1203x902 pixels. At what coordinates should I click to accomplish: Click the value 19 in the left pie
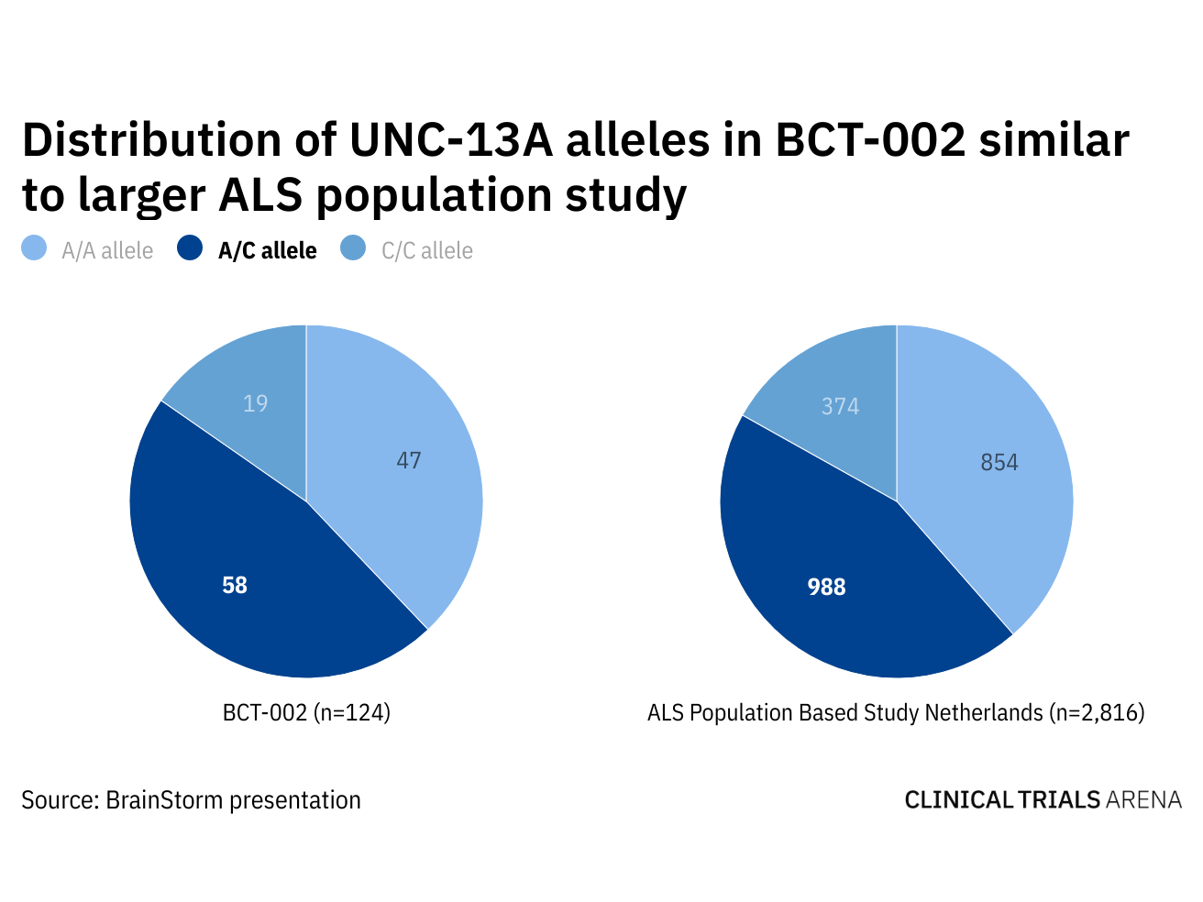pos(256,403)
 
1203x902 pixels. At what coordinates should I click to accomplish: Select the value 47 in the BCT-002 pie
pos(409,460)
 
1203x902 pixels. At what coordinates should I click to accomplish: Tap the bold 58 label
pos(235,585)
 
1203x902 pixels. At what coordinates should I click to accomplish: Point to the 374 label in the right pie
pos(840,406)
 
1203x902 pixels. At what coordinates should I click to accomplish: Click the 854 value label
pos(999,463)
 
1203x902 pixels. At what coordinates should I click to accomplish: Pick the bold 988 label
pos(826,587)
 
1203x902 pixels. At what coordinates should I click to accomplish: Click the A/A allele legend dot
pos(34,248)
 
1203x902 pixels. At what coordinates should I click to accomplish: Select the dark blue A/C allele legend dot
pos(190,248)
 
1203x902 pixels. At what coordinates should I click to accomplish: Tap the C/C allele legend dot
pos(353,248)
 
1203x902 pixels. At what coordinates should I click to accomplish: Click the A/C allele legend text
pos(268,251)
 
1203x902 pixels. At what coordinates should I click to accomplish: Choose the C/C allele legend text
pos(427,251)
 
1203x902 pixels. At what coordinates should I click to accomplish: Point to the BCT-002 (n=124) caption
pos(306,712)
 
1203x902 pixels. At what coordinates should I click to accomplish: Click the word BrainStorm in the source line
pos(164,800)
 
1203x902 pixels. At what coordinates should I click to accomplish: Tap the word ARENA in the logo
pos(1143,800)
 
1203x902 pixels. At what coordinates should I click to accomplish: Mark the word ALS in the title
pos(260,194)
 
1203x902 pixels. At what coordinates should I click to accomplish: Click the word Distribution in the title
pos(152,140)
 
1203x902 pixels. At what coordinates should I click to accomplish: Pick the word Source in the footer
pos(60,800)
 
